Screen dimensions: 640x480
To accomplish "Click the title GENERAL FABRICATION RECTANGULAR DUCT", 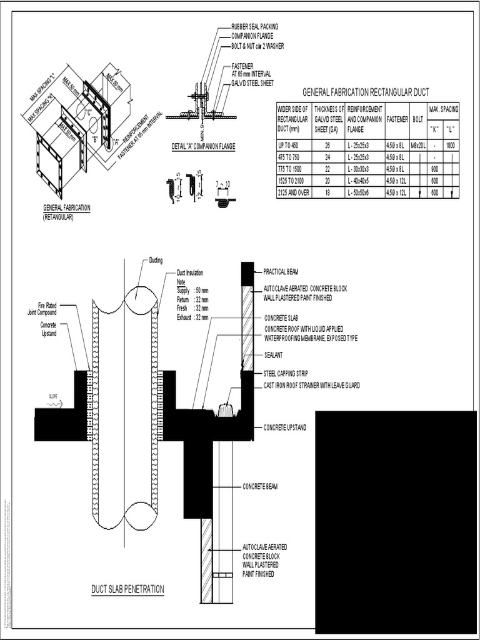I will [366, 92].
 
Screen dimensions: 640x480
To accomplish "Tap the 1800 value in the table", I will [451, 145].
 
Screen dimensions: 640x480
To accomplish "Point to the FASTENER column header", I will [397, 118].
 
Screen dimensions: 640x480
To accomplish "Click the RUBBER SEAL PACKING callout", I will [254, 27].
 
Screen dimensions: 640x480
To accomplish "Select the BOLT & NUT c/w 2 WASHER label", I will [258, 46].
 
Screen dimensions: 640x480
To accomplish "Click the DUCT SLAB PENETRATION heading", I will [127, 589].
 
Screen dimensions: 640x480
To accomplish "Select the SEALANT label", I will [273, 355].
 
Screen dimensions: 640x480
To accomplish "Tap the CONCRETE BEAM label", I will [260, 486].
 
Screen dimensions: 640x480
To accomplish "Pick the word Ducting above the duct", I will [155, 260].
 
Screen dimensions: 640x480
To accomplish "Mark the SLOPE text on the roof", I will [53, 396].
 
